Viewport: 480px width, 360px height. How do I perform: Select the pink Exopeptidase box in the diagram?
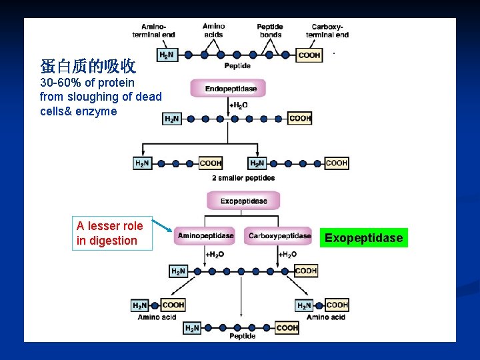coord(243,201)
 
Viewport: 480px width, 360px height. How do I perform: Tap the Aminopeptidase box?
coord(205,235)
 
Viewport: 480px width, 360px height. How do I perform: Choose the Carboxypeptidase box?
coord(279,235)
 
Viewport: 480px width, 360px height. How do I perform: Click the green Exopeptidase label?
coord(363,238)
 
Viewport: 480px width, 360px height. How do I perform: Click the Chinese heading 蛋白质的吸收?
coord(88,66)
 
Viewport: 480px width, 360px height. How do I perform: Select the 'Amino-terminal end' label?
coord(154,31)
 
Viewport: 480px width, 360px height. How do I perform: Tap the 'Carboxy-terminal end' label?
coord(327,31)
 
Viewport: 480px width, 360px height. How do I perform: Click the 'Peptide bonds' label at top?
coord(270,31)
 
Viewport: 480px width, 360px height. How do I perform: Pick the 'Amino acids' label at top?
coord(213,31)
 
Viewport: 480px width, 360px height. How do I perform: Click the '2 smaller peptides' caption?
coord(243,178)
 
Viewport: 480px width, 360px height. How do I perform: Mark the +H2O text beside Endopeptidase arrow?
coord(238,105)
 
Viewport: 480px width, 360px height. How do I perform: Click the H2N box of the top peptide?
coord(167,55)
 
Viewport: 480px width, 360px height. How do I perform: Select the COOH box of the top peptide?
coord(309,55)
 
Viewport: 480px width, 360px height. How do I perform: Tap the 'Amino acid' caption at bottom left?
coord(157,317)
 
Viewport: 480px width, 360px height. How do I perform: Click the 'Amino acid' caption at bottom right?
coord(326,317)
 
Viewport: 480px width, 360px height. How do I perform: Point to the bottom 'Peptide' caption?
coord(242,337)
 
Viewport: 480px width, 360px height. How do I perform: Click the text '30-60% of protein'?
coord(87,83)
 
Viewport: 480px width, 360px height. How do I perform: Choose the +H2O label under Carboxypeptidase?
coord(287,254)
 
